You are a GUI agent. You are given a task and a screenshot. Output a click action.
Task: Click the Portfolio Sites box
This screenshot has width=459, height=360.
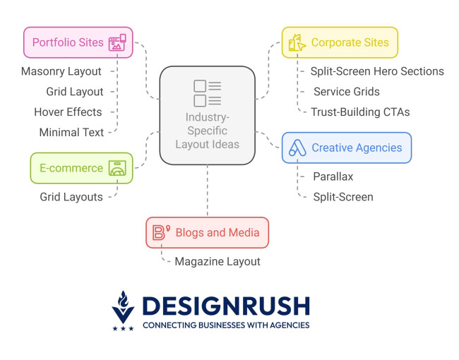[x=77, y=42]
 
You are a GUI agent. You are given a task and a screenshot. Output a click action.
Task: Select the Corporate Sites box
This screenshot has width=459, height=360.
[x=340, y=42]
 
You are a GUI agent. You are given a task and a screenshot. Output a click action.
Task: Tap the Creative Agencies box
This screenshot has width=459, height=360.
[x=346, y=148]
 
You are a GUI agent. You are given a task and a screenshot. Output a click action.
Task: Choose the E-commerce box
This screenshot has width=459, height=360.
[x=81, y=168]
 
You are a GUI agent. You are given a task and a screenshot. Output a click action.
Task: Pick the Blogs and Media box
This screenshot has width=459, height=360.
[x=207, y=232]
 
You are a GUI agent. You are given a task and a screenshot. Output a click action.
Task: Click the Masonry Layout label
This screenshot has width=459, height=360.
[x=61, y=71]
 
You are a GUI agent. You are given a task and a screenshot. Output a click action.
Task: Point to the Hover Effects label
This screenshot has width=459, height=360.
[x=68, y=112]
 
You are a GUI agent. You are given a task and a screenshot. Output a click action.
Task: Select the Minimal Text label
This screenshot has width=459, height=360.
[x=72, y=132]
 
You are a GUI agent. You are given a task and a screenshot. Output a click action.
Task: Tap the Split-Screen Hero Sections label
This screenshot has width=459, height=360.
[x=377, y=71]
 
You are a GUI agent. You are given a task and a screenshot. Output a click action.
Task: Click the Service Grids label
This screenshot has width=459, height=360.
[x=347, y=92]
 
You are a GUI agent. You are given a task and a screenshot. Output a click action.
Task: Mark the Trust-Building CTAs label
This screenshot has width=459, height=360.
[x=360, y=112]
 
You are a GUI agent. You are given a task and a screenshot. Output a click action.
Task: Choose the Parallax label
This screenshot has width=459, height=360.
[x=333, y=176]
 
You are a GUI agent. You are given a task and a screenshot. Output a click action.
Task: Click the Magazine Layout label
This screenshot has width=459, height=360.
[x=217, y=261]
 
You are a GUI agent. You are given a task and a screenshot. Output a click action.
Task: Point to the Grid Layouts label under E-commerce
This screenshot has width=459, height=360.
[x=71, y=197]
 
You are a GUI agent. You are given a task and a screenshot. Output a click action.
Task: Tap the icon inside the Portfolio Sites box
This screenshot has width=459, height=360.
[x=117, y=42]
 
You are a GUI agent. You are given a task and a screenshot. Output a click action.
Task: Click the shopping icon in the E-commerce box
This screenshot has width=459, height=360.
[x=117, y=168]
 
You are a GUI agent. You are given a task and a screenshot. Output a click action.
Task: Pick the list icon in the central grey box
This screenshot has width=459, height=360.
[x=208, y=94]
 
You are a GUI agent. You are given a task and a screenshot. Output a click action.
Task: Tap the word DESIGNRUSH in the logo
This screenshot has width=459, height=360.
[x=225, y=306]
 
